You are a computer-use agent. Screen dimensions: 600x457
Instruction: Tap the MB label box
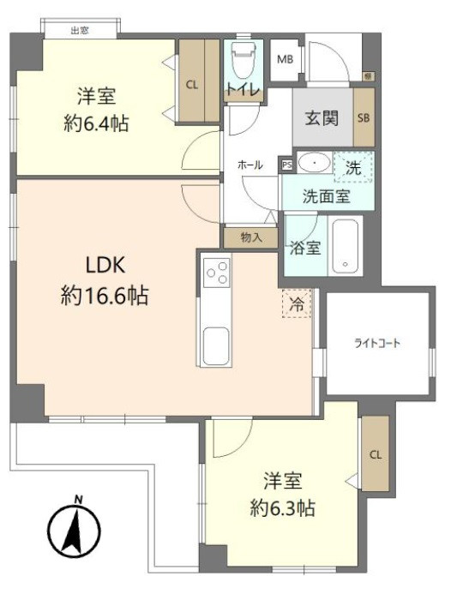[x=284, y=60]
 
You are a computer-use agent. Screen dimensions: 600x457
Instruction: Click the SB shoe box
[x=364, y=118]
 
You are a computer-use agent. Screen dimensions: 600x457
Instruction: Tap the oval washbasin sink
[x=315, y=162]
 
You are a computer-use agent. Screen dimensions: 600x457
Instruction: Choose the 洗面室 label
[x=325, y=195]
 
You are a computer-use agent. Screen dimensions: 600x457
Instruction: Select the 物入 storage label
[x=250, y=237]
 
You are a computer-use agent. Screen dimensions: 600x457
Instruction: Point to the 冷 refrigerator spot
[x=296, y=303]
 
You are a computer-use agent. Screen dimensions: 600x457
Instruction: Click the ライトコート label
[x=378, y=344]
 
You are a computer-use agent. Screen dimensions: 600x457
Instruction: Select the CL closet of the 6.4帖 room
[x=192, y=83]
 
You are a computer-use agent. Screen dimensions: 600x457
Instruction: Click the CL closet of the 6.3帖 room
[x=375, y=454]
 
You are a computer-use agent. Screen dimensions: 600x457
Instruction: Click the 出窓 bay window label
[x=81, y=31]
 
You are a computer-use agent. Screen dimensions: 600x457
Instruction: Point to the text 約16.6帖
[x=105, y=297]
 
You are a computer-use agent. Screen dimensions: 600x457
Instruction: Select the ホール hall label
[x=250, y=165]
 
